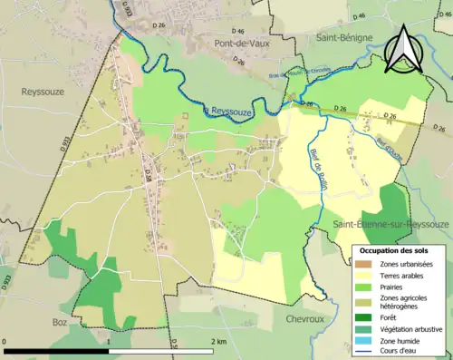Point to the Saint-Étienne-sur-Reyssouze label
point(391,223)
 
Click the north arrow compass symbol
point(403,48)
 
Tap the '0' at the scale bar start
point(6,341)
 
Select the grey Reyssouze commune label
point(42,92)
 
